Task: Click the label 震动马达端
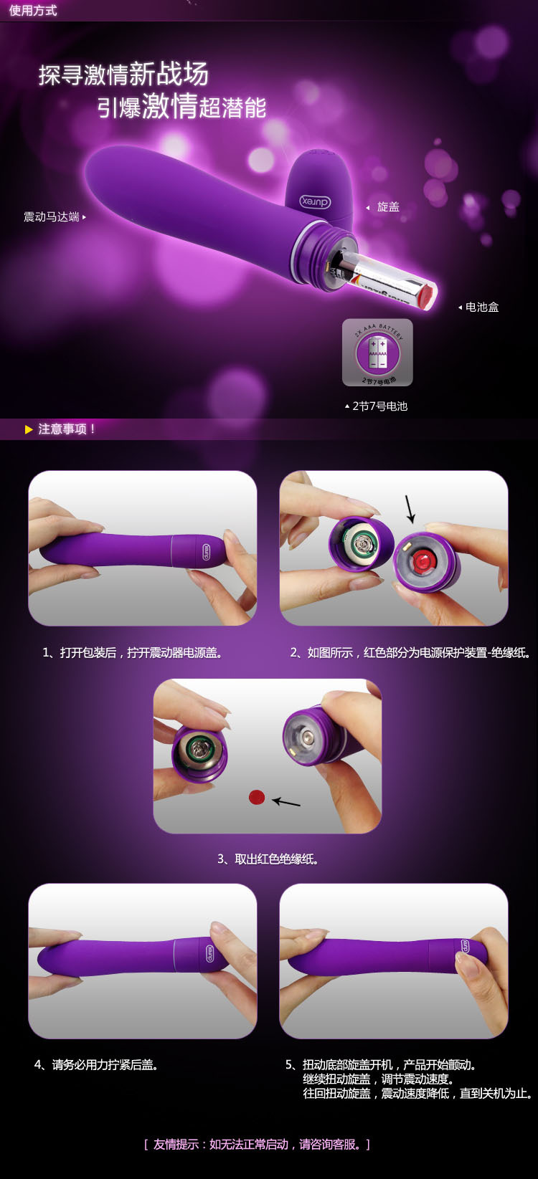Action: click(x=52, y=217)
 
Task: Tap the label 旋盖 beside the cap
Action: click(x=388, y=207)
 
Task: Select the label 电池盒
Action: click(x=481, y=307)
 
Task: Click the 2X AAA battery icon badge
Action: click(x=377, y=352)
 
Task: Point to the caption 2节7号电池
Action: click(x=379, y=406)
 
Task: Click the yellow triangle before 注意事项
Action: click(x=29, y=429)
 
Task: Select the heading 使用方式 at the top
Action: click(x=33, y=11)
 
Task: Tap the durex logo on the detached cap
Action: click(x=315, y=201)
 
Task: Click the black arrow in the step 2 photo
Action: click(x=410, y=509)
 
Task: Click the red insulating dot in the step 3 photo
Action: click(x=257, y=798)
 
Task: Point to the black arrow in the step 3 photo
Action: click(x=286, y=802)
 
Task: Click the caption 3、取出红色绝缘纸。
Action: click(x=268, y=859)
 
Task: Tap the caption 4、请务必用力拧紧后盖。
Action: click(x=96, y=1065)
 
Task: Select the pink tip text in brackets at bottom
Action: click(x=257, y=1145)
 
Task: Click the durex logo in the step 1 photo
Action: click(x=206, y=551)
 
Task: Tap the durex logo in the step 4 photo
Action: click(x=209, y=954)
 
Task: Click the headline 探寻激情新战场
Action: click(x=123, y=74)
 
